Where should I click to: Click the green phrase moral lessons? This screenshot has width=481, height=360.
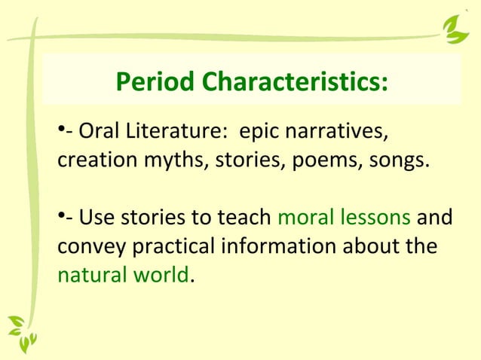[344, 219]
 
